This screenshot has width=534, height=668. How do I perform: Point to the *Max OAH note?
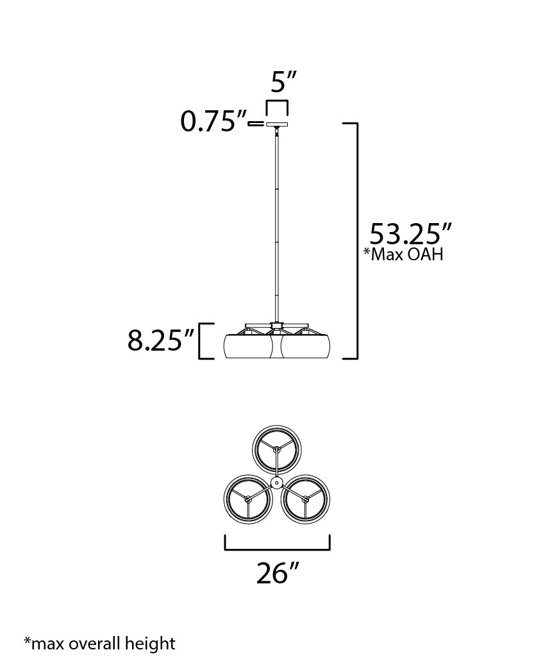click(403, 255)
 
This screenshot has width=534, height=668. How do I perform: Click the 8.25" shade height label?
click(160, 342)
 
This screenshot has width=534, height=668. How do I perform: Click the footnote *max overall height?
click(99, 642)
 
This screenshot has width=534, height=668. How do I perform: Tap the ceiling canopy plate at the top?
click(277, 124)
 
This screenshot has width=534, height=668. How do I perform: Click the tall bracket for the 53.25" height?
click(355, 240)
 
